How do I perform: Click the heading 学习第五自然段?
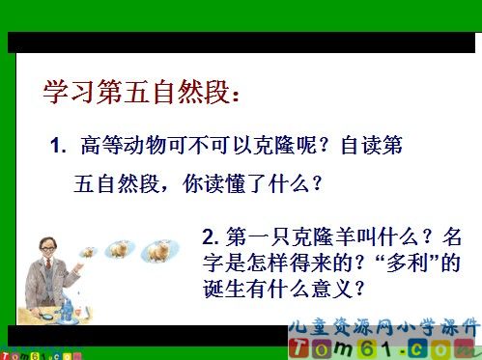coord(139,93)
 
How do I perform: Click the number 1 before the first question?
coord(55,149)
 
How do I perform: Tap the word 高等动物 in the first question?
coord(121,149)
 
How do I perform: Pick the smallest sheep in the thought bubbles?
coord(88,252)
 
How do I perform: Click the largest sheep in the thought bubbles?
coord(156,251)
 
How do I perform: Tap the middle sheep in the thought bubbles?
coord(120,248)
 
